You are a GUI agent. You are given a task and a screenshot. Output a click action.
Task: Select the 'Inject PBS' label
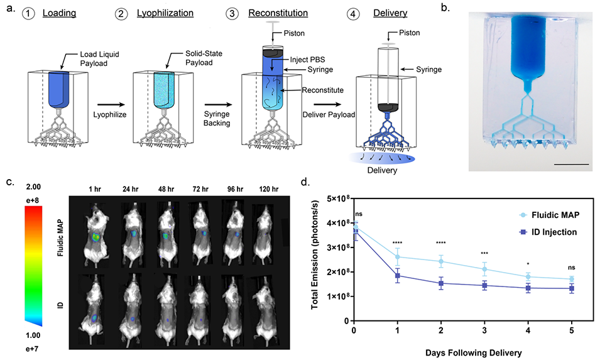pos(308,60)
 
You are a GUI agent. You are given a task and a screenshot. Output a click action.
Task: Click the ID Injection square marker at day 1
pos(397,276)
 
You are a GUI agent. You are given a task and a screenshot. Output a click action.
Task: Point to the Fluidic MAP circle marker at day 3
pos(484,269)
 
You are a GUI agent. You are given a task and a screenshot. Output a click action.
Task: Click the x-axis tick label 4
pos(527,330)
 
